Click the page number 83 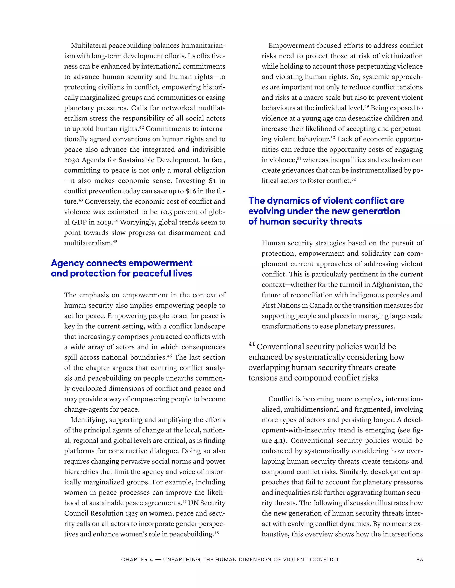coord(419,559)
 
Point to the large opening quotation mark coord(252,345)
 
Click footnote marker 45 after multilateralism coord(115,241)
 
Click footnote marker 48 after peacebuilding coord(216,533)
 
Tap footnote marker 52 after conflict coord(353,179)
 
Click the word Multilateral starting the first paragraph coord(88,45)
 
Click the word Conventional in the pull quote coord(281,347)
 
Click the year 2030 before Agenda coord(72,160)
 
